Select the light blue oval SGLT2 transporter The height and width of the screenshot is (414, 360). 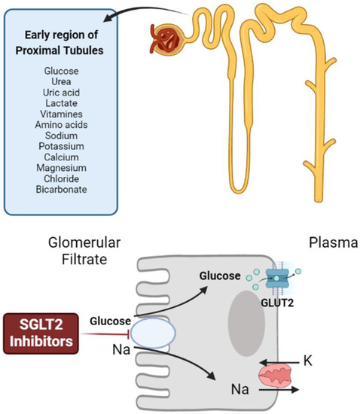pyautogui.click(x=154, y=333)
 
